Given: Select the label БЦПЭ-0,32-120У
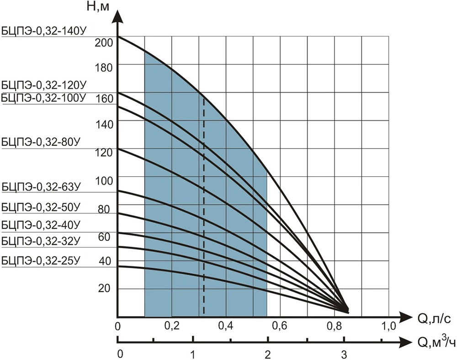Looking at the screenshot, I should [44, 85].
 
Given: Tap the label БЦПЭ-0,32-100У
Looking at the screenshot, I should [44, 97].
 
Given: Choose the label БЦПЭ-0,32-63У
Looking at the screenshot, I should [41, 186].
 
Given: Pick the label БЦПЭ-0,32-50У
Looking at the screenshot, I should [41, 207].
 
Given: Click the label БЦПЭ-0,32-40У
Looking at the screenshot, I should [41, 224].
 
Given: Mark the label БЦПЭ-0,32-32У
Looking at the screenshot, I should [41, 240].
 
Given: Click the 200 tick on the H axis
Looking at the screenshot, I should [103, 42].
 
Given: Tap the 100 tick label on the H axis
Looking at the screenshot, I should [103, 180].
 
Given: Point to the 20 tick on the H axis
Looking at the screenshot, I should [105, 288].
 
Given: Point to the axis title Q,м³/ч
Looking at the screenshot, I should [434, 342].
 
